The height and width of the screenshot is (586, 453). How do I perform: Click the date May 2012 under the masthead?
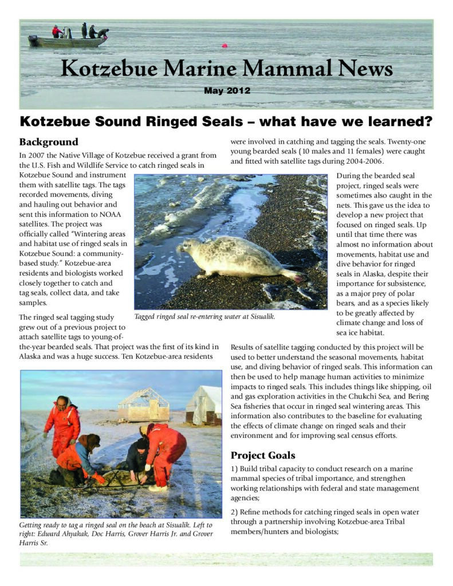227,90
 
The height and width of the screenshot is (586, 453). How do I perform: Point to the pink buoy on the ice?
224,45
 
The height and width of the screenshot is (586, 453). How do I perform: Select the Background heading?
48,142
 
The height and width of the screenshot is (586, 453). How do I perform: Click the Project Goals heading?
262,455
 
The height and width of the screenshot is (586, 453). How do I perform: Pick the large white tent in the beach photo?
204,404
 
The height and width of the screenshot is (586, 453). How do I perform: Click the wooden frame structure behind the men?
143,404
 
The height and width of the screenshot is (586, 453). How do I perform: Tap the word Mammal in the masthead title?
284,69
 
